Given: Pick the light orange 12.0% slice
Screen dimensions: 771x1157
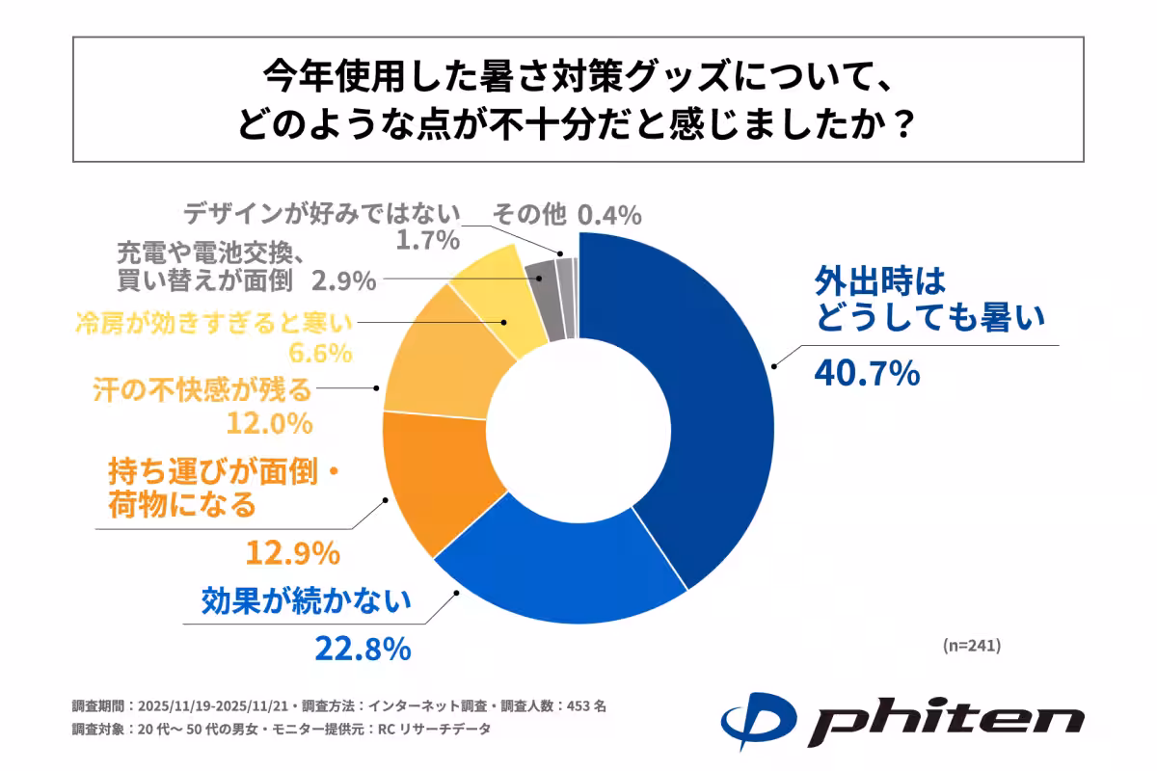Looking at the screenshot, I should pyautogui.click(x=439, y=361).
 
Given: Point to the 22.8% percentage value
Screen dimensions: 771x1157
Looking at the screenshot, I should pyautogui.click(x=363, y=649).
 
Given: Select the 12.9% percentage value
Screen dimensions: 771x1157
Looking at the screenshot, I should pyautogui.click(x=290, y=552).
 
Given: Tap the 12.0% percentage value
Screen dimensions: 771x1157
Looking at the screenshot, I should pyautogui.click(x=270, y=423).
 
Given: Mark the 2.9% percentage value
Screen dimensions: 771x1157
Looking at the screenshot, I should pyautogui.click(x=343, y=281).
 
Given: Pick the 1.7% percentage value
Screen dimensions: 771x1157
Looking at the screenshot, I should pyautogui.click(x=426, y=241).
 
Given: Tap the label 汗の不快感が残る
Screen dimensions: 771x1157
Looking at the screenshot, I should pyautogui.click(x=203, y=390).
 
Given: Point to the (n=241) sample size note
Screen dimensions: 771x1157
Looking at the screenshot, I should pyautogui.click(x=971, y=646).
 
